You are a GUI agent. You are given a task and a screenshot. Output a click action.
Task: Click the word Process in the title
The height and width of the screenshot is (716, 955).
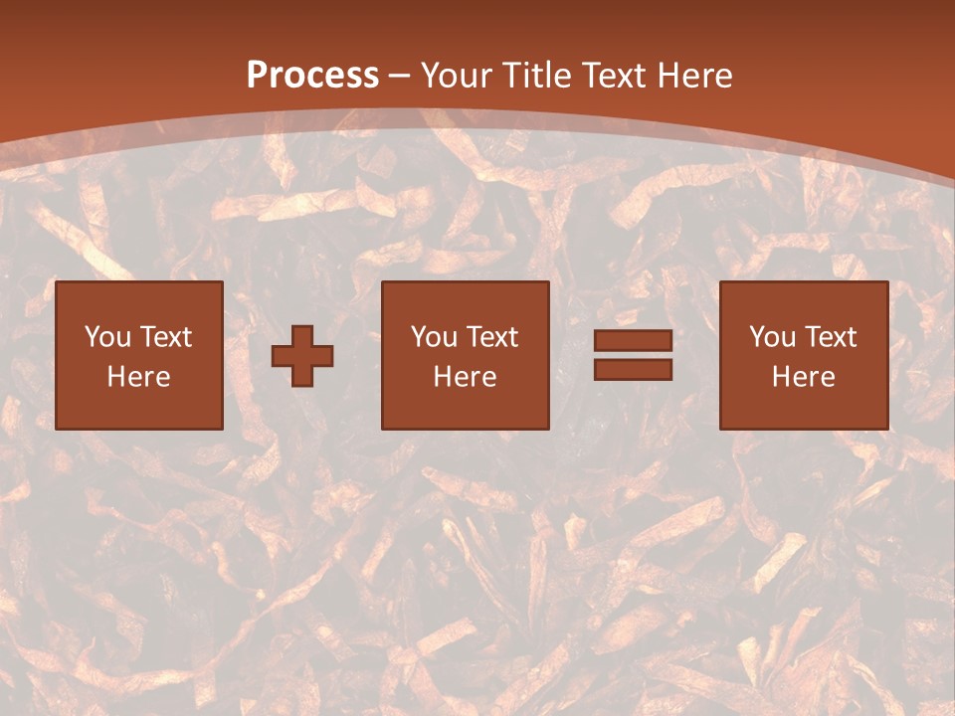312,76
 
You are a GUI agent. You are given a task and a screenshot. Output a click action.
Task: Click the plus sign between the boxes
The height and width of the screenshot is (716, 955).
302,356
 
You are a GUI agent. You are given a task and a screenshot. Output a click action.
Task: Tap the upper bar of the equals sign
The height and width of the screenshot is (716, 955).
633,341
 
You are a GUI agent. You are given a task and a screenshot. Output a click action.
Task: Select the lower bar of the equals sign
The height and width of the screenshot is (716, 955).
633,370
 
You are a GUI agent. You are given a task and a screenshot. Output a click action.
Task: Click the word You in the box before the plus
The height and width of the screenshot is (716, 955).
107,337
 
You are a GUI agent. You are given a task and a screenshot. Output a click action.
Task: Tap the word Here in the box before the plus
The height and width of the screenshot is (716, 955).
139,377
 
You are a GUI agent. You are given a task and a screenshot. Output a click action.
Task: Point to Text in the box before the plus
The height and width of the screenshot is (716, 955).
165,337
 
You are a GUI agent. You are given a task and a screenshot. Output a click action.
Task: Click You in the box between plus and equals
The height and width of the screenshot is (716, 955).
434,337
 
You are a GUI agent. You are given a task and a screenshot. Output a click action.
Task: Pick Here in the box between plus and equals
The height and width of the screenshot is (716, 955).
466,377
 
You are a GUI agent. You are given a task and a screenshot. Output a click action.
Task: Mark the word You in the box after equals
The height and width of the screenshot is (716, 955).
772,337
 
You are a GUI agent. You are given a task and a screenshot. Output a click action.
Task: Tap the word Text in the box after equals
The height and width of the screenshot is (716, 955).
830,337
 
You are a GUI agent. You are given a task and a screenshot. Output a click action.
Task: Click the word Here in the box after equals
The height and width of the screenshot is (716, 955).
804,377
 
